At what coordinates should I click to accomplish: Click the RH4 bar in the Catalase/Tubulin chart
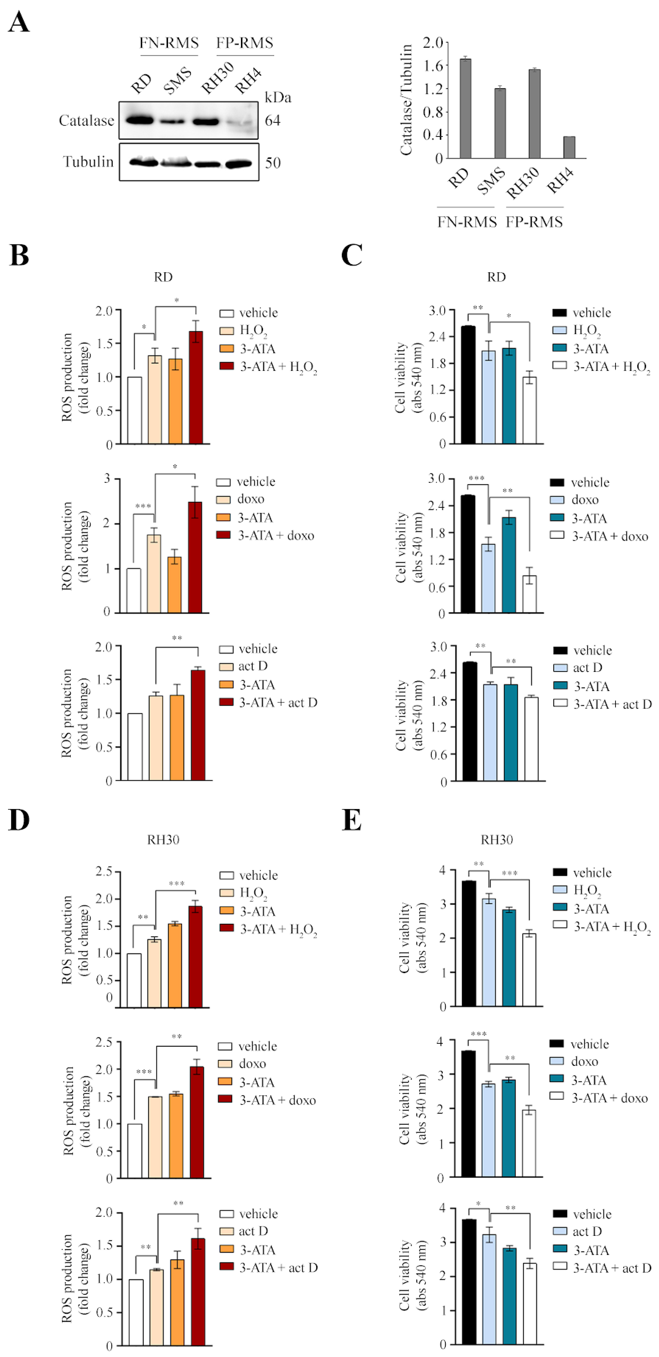click(x=569, y=148)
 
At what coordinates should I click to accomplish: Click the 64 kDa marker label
click(x=273, y=121)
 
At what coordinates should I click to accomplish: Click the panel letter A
click(x=19, y=22)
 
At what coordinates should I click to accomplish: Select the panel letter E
click(x=352, y=820)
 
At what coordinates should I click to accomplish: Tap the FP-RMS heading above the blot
click(x=245, y=43)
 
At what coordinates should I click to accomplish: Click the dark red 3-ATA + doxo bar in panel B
click(x=195, y=557)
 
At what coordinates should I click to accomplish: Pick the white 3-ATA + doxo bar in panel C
click(x=529, y=594)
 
